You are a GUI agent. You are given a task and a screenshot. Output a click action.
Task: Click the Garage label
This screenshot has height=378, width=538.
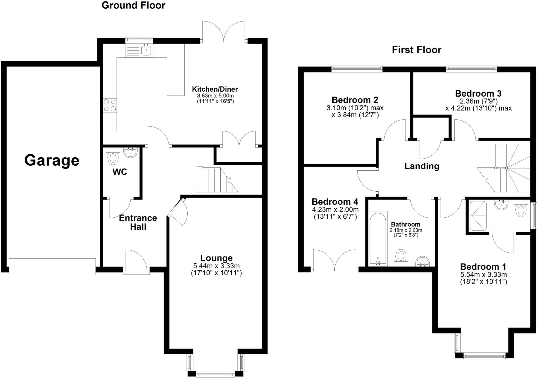52,160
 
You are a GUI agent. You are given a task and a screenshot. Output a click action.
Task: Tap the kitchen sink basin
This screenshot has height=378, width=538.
146,50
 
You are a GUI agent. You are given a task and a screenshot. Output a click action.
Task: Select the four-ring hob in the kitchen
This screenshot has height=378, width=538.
110,105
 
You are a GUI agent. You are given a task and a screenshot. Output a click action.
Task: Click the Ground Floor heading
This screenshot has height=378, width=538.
133,5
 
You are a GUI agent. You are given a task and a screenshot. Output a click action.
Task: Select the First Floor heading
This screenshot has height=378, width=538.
417,50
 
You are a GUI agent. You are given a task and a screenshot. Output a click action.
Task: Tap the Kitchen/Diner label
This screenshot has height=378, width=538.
215,89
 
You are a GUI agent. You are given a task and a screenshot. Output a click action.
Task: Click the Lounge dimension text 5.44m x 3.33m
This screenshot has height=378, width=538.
216,266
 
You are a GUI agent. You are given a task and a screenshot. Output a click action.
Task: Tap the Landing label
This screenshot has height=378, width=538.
422,166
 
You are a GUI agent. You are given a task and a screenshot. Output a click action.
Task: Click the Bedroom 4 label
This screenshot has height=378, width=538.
335,202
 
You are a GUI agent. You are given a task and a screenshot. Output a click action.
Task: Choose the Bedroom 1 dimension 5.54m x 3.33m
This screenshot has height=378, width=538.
483,275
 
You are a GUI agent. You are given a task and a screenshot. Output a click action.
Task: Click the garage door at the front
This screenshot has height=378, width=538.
52,266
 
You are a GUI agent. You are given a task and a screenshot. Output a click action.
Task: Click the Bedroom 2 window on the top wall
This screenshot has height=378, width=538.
357,69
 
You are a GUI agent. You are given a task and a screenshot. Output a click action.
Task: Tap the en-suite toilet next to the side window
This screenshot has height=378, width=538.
521,210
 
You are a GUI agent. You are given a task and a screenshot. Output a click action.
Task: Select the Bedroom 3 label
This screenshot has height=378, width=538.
478,93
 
